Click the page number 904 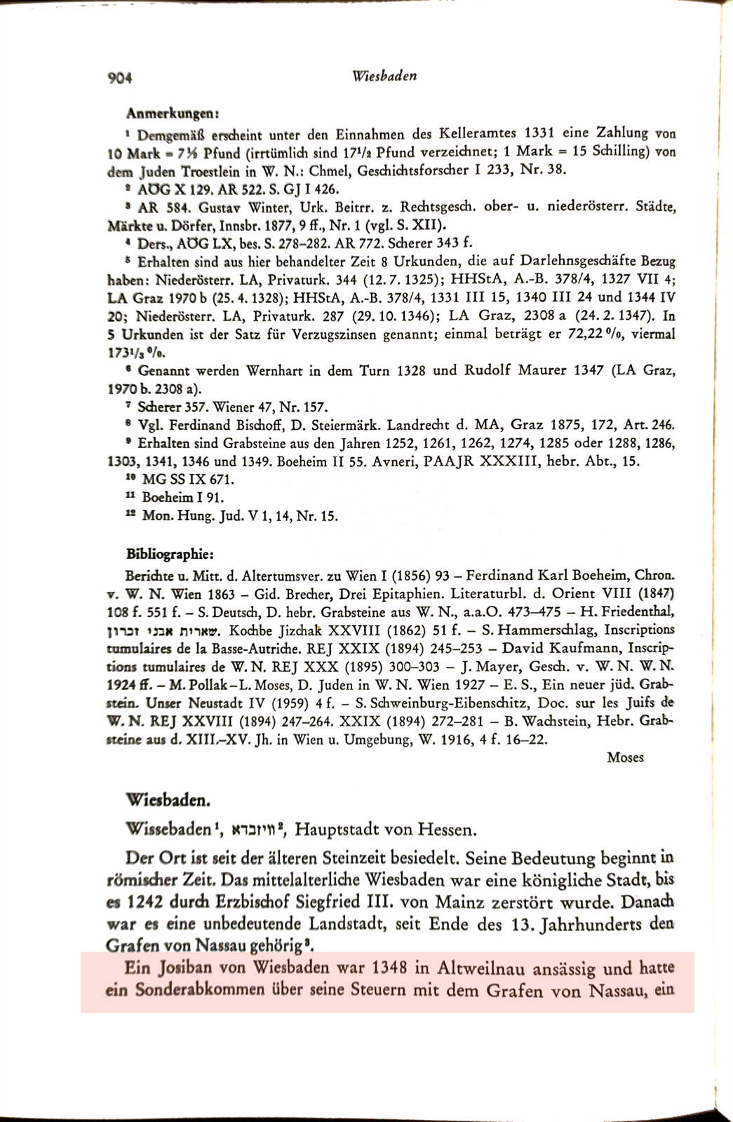click(x=121, y=78)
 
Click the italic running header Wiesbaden click(x=384, y=76)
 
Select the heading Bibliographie click(x=170, y=555)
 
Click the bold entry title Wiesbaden click(x=168, y=800)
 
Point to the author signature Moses click(x=625, y=757)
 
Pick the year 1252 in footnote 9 click(x=401, y=443)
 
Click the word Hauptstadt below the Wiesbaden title click(x=337, y=830)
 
